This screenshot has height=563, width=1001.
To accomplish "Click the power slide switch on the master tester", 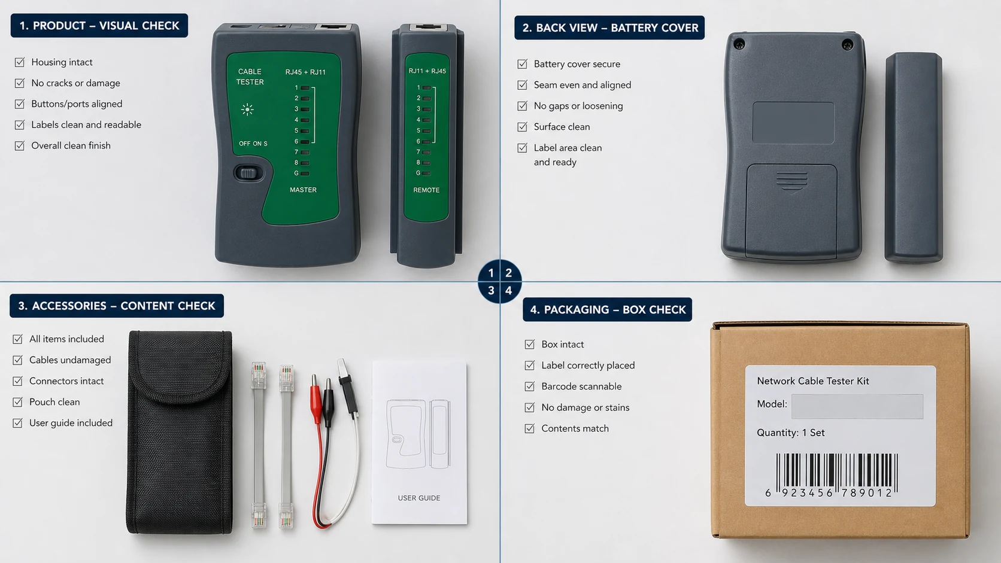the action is [248, 173].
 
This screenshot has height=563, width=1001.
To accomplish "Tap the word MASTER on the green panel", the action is [303, 190].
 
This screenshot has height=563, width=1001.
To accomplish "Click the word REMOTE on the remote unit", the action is [426, 190].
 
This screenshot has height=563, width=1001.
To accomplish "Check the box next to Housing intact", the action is [20, 62].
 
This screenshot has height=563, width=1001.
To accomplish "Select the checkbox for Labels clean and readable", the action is [20, 124].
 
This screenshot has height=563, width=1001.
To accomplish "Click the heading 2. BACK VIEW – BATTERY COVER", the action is [609, 28].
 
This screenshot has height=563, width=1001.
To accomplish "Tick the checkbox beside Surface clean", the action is [522, 127].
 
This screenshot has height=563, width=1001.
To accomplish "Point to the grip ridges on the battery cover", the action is [792, 181].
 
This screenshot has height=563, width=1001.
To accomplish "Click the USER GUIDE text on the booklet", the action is [419, 498].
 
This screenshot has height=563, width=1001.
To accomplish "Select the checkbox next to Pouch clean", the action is [17, 402].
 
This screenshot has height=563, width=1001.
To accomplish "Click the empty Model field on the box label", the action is [857, 406].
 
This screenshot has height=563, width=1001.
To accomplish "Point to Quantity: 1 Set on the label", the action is [790, 433].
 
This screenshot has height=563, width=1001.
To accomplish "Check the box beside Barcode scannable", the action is [530, 386].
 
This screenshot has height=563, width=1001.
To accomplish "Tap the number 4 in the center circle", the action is [508, 291].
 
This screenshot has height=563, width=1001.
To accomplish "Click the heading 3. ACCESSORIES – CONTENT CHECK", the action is [117, 306].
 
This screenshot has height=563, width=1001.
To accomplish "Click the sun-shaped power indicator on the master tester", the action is [247, 109].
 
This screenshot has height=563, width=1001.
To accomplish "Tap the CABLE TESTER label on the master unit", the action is [250, 77].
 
